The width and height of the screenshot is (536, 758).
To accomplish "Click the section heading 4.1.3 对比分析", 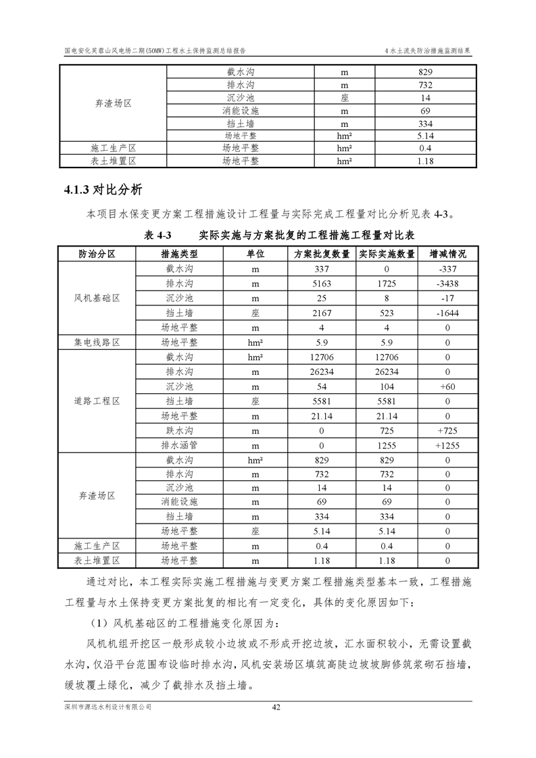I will (x=103, y=189).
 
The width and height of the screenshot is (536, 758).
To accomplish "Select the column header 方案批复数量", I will (x=322, y=254).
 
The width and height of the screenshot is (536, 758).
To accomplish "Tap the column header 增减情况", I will (x=447, y=254).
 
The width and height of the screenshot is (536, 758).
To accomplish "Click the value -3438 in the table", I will (x=447, y=283).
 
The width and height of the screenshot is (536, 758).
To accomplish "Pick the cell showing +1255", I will (x=447, y=445).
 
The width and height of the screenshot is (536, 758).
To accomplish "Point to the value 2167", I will (x=322, y=313).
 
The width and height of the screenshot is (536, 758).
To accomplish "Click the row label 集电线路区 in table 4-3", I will (x=97, y=343).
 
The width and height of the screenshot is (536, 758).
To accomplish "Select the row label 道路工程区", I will (x=97, y=401).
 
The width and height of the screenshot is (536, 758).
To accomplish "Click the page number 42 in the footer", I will (x=276, y=707).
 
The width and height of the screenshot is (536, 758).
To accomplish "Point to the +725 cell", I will (x=447, y=430).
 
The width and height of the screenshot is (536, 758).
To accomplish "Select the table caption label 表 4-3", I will (x=160, y=235).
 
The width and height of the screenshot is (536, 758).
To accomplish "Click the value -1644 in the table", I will (x=447, y=313).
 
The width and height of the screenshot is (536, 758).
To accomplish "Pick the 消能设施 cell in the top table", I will (x=241, y=111).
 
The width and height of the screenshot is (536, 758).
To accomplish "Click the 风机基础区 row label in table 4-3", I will (x=97, y=298).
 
